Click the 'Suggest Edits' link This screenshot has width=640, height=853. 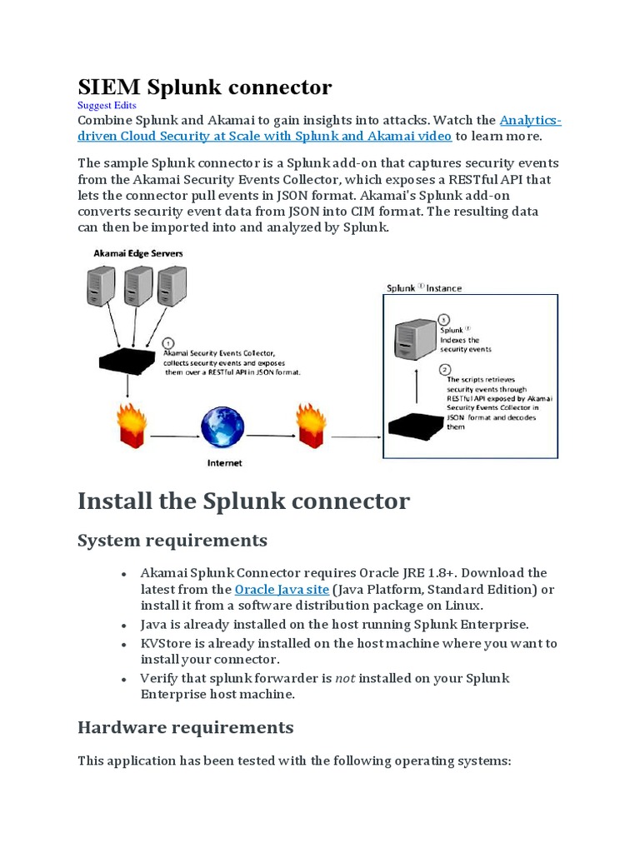coord(107,106)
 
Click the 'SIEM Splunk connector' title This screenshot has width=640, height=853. coord(204,87)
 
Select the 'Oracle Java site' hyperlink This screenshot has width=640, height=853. coord(282,590)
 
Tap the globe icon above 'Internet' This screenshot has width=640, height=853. coord(222,428)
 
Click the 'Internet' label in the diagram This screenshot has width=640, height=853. coord(224,463)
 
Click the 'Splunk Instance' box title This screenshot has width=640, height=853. coord(423,288)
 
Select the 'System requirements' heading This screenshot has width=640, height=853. coord(172,541)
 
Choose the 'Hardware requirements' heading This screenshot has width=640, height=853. coord(185,727)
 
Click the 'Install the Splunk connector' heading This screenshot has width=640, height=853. coord(243,501)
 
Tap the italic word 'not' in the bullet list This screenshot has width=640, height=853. coord(345,678)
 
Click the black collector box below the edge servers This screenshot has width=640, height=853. coord(127,360)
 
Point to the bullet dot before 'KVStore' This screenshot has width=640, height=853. coord(123,645)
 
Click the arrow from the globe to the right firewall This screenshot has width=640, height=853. coord(271,434)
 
